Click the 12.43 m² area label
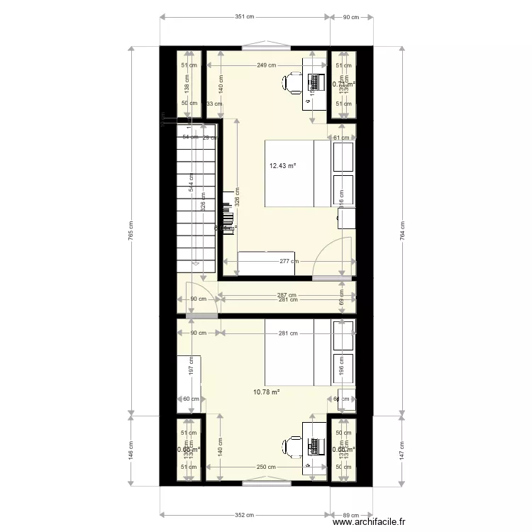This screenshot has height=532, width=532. tap(282, 166)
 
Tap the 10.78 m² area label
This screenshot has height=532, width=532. tap(267, 391)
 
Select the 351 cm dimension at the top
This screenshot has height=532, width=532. tap(245, 17)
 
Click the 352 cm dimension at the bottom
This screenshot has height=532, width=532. tap(245, 516)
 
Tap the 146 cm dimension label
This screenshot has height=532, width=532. tap(131, 451)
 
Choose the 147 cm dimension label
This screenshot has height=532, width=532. tap(402, 451)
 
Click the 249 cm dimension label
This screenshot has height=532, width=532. tap(267, 65)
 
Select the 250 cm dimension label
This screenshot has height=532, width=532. tap(267, 467)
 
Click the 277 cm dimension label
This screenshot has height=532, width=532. tap(287, 261)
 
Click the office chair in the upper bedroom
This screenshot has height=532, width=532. tap(294, 83)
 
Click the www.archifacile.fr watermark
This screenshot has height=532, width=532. tap(369, 521)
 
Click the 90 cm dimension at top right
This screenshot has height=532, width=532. tap(350, 17)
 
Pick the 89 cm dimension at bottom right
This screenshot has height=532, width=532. tap(350, 516)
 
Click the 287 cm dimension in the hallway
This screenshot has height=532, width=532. tap(287, 295)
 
